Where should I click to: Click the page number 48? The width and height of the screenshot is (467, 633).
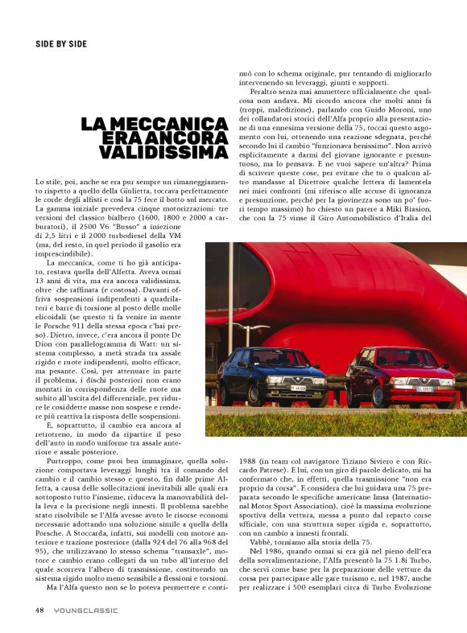[x=39, y=610]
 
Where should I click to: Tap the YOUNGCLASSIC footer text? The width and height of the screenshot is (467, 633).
[x=86, y=610]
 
